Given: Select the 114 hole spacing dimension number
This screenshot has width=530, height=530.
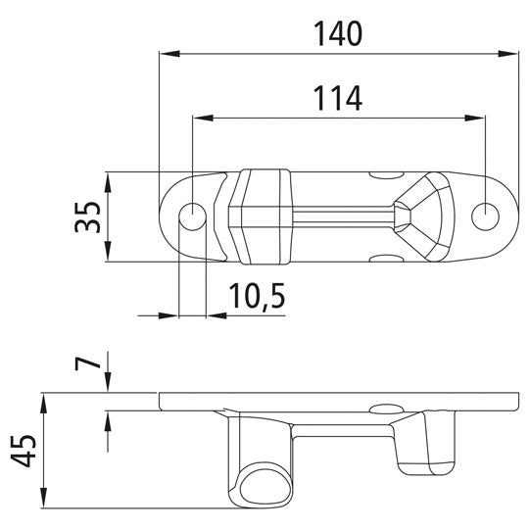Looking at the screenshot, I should tap(338, 98).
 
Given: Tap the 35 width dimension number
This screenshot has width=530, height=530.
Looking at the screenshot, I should tap(86, 217).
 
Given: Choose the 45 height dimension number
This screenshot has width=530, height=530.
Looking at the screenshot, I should tap(27, 452).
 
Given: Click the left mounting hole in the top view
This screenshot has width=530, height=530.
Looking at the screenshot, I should tap(194, 214).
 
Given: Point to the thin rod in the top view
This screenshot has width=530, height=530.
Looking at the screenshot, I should tap(343, 213).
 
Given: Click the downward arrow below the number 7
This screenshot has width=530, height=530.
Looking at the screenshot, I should tap(108, 387).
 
